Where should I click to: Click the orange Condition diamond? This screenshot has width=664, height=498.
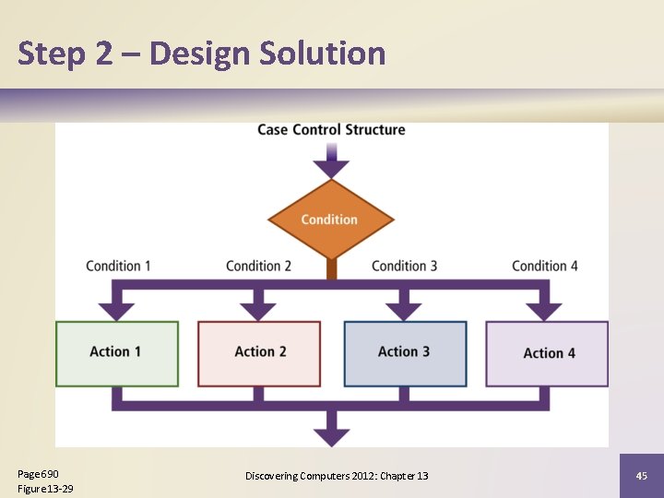pos(330,219)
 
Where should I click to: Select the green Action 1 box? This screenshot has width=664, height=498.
pos(116,353)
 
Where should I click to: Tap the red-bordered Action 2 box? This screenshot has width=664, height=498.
pos(259,353)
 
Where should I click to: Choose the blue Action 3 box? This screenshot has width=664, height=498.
pos(405,353)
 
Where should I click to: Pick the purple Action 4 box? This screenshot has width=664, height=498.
pos(547,353)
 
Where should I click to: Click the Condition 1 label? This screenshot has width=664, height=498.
pos(118,266)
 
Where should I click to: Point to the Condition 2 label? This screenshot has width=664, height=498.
pos(258,266)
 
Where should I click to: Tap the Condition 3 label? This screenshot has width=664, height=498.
pos(404,266)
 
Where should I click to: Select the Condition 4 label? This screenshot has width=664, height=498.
pos(545,266)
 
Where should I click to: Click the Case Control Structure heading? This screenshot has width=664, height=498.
pos(331,130)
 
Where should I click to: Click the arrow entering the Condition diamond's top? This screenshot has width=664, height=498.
pos(331,166)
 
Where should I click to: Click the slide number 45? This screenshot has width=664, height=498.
pos(642,476)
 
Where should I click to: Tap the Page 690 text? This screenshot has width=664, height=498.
pos(39,473)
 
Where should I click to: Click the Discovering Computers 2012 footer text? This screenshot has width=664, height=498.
pos(337,476)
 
